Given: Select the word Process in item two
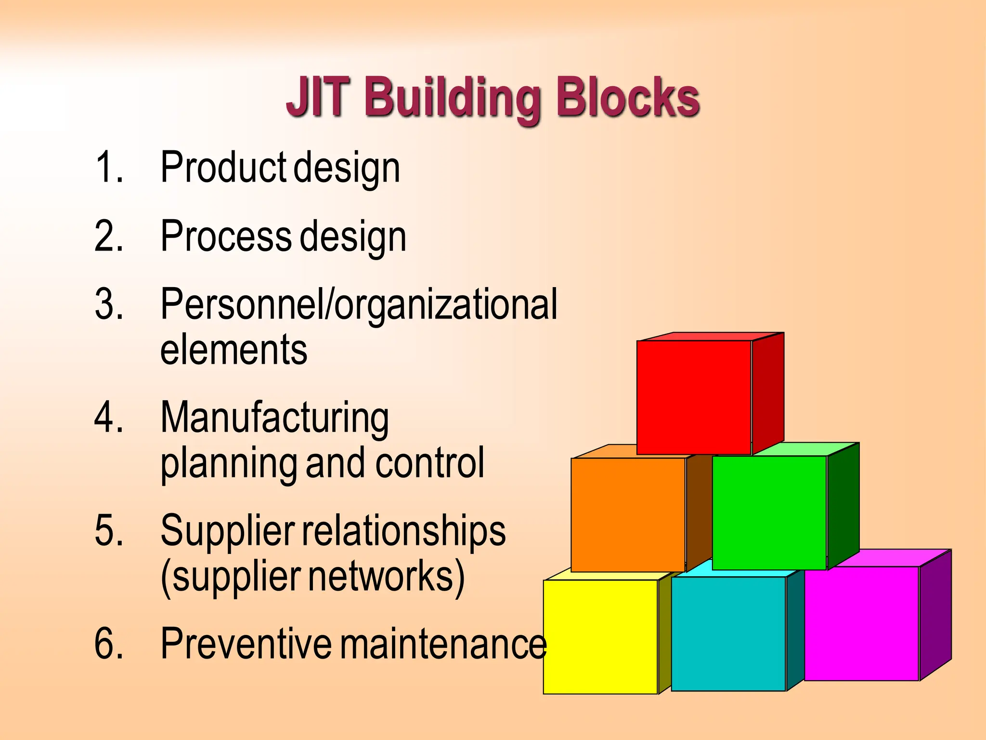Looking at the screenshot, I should [x=226, y=236].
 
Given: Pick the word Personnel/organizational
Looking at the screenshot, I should [x=359, y=305].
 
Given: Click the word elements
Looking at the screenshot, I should [x=234, y=349].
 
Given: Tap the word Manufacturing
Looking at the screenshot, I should [x=274, y=418].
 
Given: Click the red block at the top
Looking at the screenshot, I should [x=694, y=397].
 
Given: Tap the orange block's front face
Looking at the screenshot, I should [x=628, y=515].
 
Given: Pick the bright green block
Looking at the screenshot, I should [x=769, y=513].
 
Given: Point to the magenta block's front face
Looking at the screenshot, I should [x=862, y=623].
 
